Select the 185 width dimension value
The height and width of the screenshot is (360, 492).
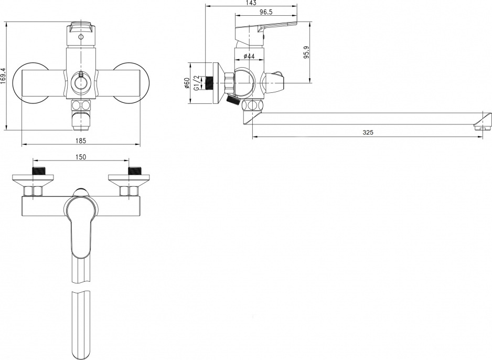[x=81, y=141]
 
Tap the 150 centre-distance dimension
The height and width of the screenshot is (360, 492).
[x=81, y=157]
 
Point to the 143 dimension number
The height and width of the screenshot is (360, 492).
[x=251, y=3]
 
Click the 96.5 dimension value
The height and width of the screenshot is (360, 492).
[x=266, y=12]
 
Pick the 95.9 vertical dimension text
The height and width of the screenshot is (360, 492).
[x=306, y=52]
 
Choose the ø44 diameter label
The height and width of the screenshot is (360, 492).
[x=249, y=56]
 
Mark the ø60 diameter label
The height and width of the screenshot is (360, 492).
[x=186, y=82]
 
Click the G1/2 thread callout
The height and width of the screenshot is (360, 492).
[x=197, y=82]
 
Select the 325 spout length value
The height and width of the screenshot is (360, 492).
[x=368, y=132]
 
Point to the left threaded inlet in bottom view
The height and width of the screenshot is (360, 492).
[x=38, y=172]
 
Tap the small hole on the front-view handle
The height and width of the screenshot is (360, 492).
[x=81, y=37]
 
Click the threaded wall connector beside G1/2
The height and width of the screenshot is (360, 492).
[x=209, y=83]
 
